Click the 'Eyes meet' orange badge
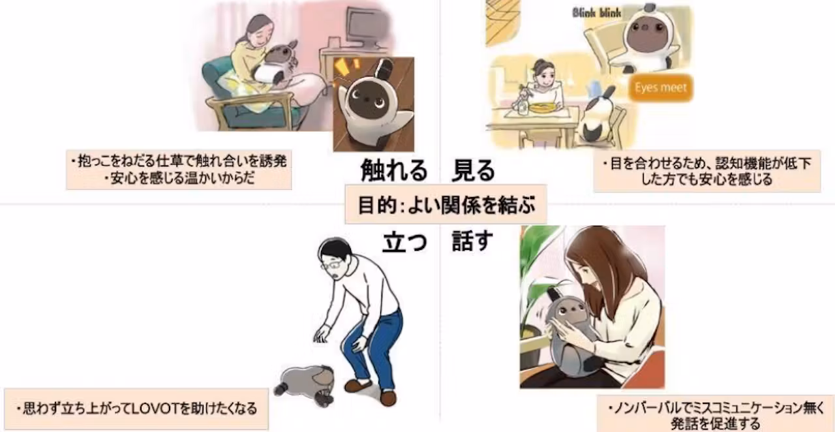(660, 88)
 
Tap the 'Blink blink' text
(596, 13)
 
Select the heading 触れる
(393, 170)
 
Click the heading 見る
(474, 170)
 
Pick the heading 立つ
(405, 241)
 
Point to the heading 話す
(473, 241)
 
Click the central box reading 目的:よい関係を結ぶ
(446, 204)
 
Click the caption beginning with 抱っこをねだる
(179, 170)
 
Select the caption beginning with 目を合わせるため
(706, 171)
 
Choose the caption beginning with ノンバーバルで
(716, 415)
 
